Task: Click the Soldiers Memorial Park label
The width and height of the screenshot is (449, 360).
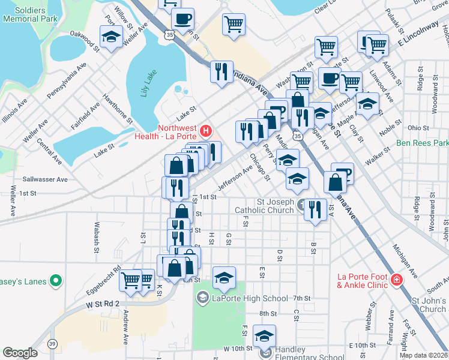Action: (30, 14)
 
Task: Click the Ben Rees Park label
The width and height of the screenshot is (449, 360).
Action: (423, 144)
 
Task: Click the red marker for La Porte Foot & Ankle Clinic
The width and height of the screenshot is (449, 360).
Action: (396, 280)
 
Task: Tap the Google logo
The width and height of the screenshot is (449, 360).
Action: (20, 353)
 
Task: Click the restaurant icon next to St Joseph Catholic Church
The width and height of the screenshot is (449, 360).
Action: (312, 209)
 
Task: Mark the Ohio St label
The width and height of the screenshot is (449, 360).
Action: (414, 127)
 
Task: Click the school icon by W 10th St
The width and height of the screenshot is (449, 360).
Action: (264, 335)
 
